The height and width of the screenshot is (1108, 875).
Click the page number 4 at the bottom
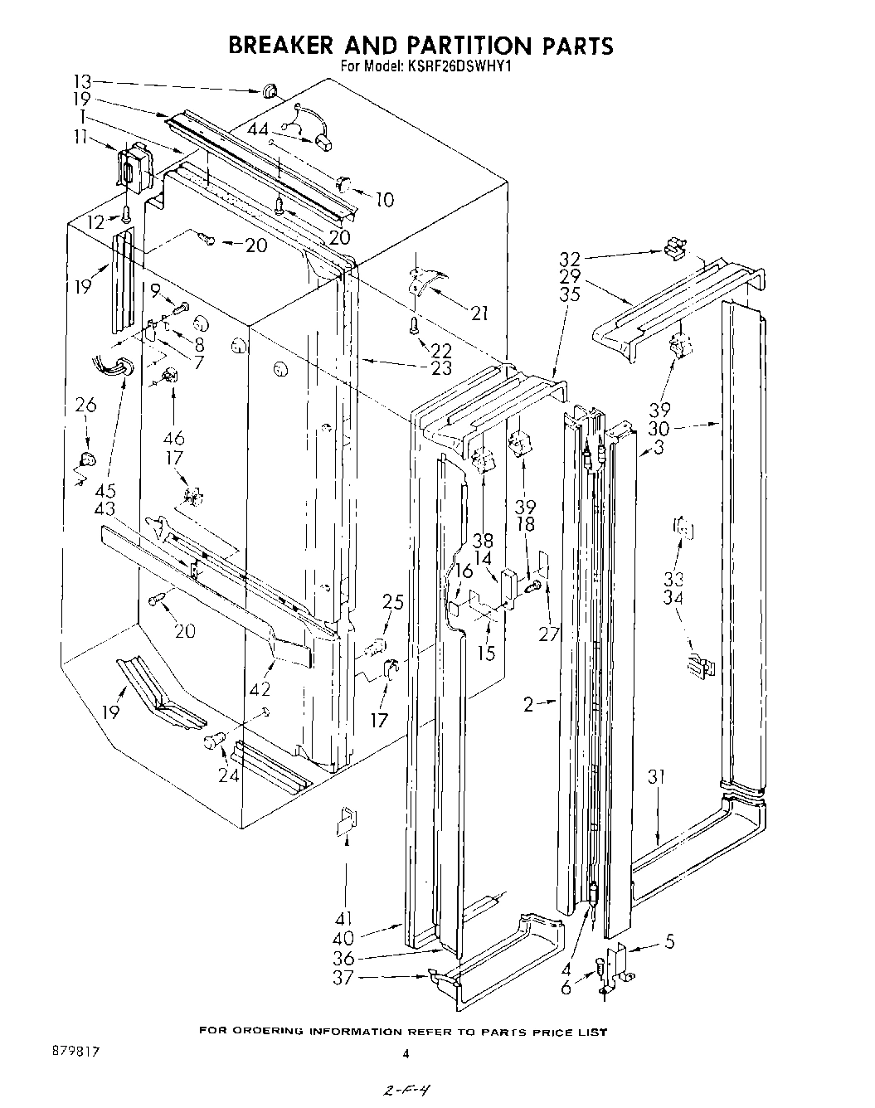(406, 1055)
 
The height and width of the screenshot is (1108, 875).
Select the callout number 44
(258, 129)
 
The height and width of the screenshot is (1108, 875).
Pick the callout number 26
(86, 406)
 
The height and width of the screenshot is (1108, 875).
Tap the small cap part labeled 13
(270, 90)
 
